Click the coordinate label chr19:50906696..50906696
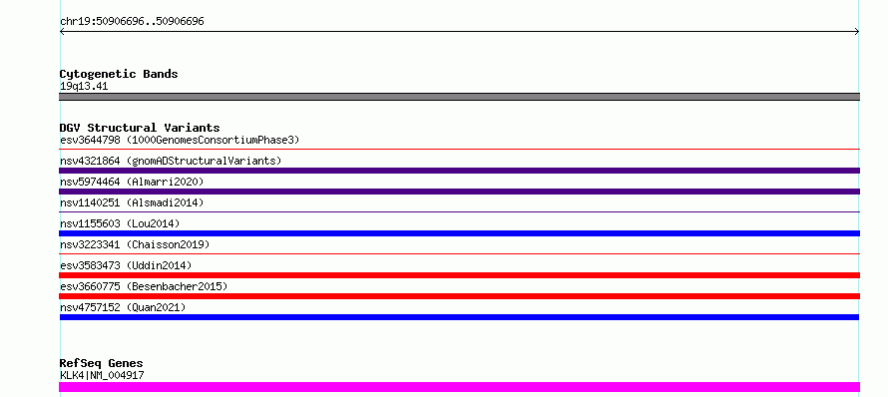click(132, 22)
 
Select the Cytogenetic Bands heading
click(119, 74)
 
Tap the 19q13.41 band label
click(84, 87)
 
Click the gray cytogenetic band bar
click(459, 97)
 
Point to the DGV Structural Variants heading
click(140, 128)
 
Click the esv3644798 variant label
click(180, 140)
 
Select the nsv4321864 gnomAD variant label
click(171, 161)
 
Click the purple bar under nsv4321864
click(459, 171)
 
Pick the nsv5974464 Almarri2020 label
click(132, 182)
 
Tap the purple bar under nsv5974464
click(459, 192)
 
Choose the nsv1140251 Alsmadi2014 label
click(132, 202)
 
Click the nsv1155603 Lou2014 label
click(120, 223)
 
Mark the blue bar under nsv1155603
click(459, 233)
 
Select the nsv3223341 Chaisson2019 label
click(135, 244)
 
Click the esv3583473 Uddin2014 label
click(126, 265)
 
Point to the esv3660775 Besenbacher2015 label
click(144, 286)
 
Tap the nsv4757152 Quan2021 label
click(123, 307)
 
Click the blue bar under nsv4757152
click(459, 317)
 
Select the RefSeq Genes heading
click(102, 363)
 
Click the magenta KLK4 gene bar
click(459, 387)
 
